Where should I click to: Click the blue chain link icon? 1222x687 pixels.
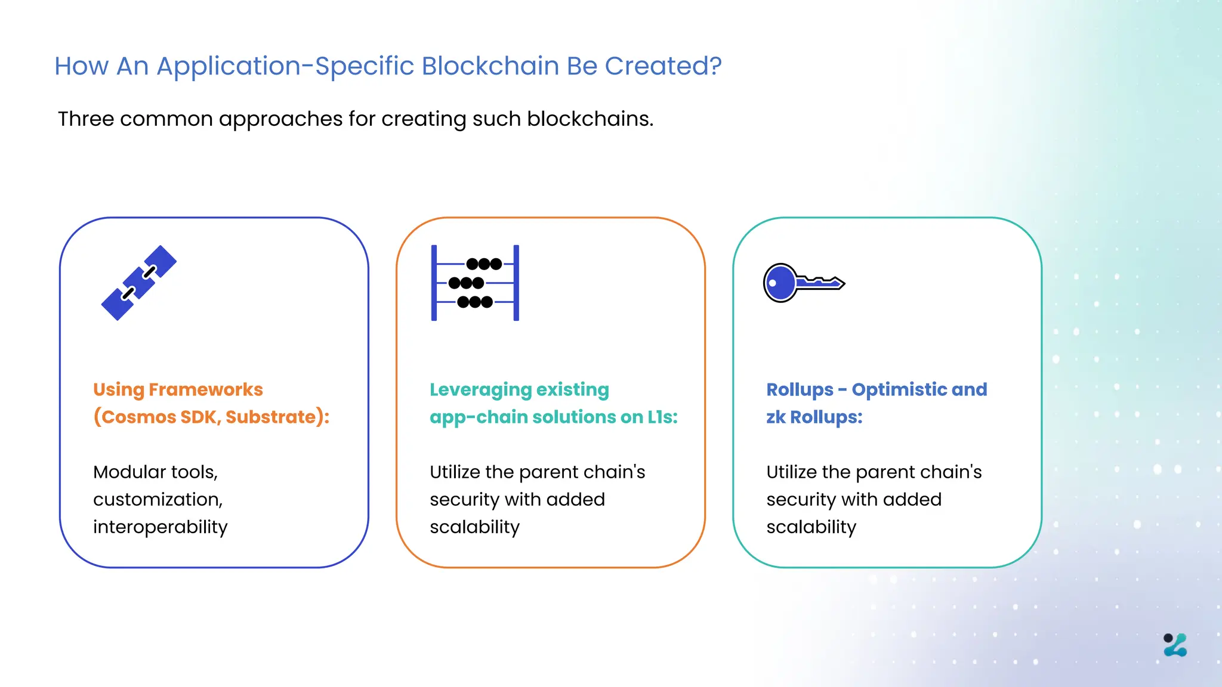point(139,283)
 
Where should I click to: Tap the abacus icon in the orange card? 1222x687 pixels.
point(475,283)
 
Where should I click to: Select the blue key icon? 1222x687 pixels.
point(803,283)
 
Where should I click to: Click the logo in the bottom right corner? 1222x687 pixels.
point(1175,645)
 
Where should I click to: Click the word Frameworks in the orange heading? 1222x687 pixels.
point(205,389)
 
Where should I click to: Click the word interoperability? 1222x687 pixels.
point(160,527)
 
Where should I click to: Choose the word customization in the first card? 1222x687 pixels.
point(158,500)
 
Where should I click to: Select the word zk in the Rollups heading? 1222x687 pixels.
point(776,417)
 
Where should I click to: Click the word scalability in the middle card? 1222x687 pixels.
point(474,527)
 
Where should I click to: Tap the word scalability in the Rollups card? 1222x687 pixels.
point(811,527)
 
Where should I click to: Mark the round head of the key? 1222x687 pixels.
point(779,283)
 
